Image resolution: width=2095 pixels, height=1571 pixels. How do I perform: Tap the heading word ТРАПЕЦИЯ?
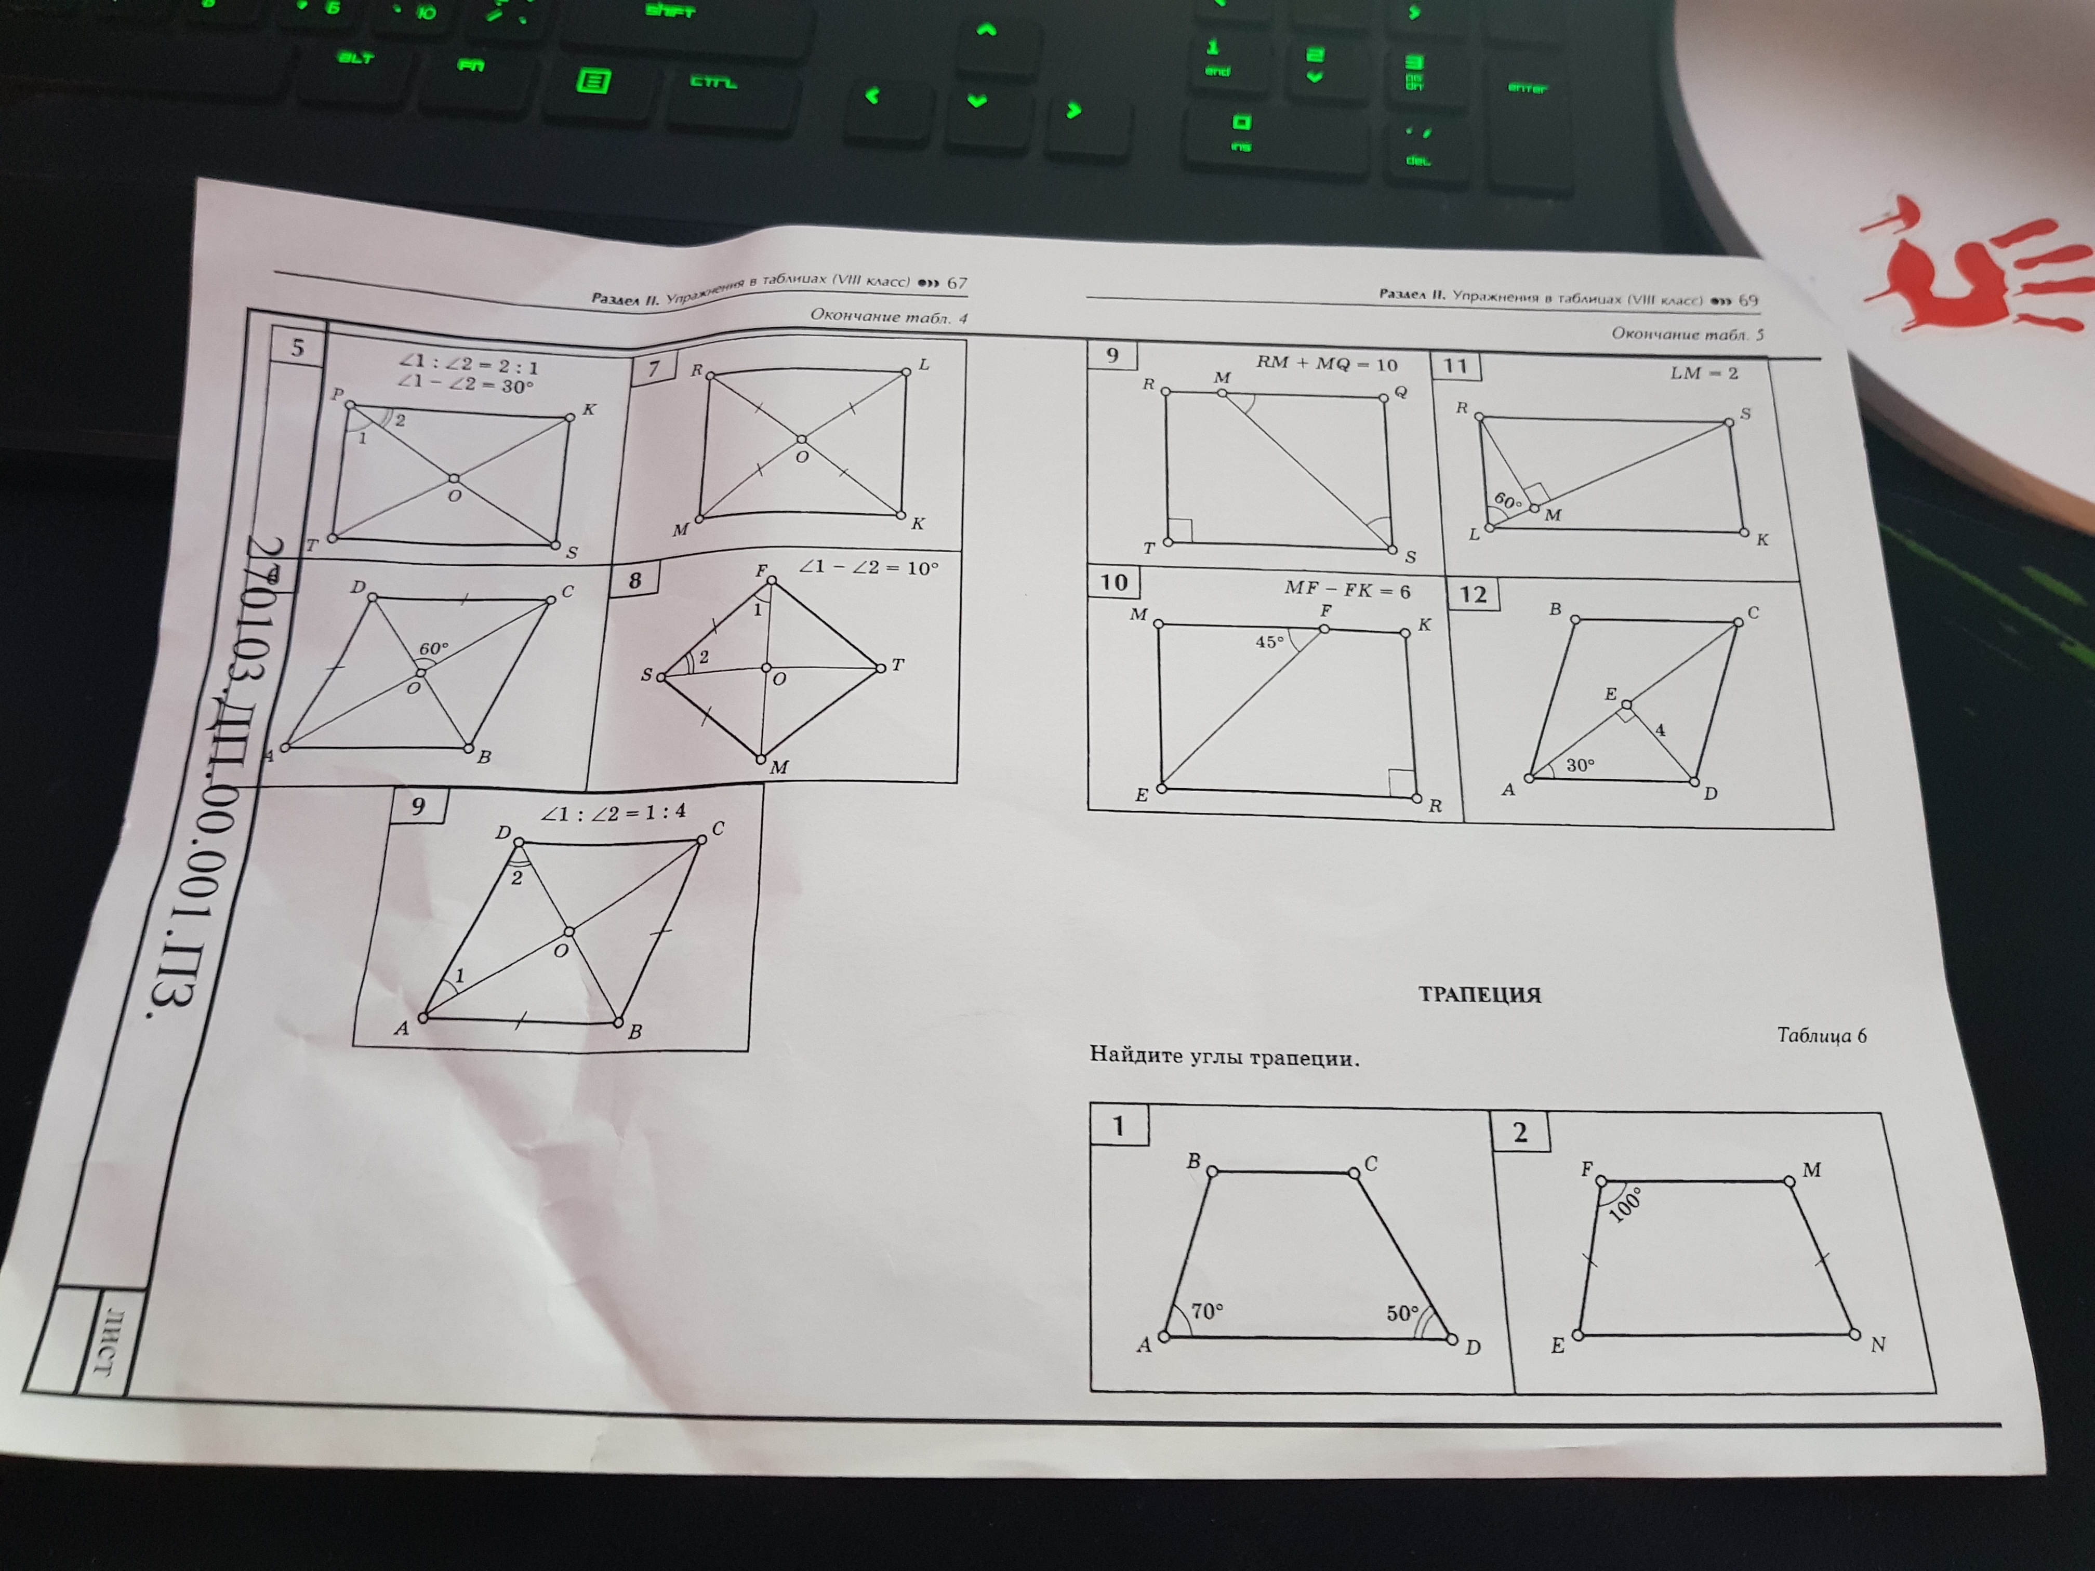point(1479,994)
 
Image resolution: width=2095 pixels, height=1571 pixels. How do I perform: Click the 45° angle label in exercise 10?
point(1269,642)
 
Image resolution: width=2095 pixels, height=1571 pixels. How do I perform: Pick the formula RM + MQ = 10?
point(1326,364)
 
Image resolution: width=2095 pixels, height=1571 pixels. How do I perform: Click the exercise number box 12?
point(1473,594)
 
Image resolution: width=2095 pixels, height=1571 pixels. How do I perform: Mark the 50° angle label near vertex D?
point(1402,1313)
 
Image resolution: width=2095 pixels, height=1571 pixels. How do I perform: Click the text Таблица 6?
point(1821,1035)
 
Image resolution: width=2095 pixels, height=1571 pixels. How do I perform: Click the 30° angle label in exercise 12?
point(1580,764)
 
